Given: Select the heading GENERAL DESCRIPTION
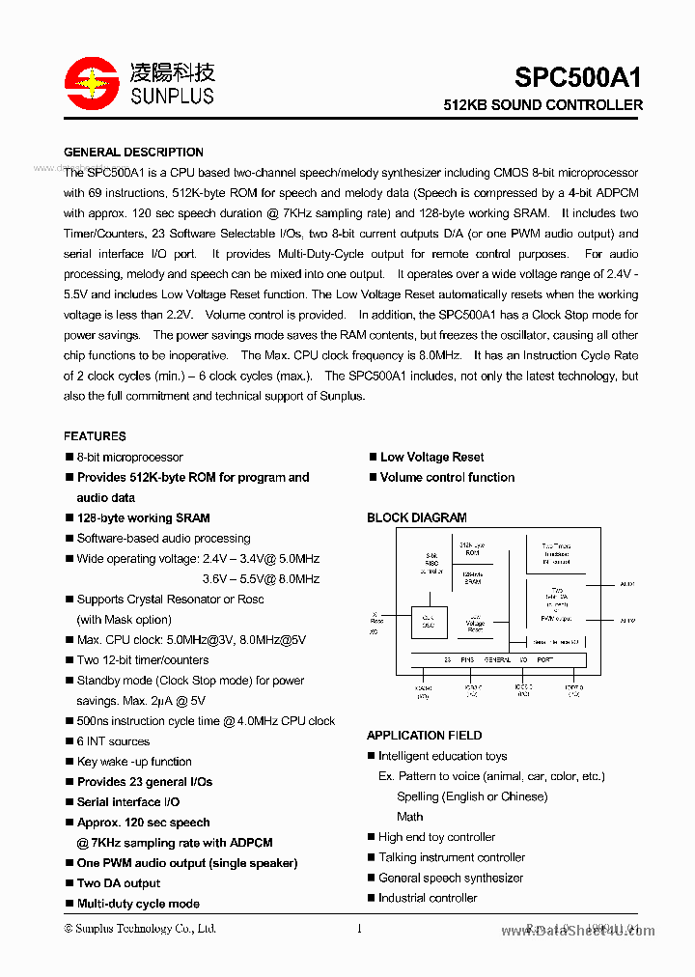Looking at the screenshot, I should click(133, 152).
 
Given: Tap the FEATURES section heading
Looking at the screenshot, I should click(95, 436).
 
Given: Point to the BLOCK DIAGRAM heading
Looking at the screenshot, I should click(416, 517).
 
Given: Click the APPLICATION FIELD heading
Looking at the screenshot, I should click(424, 736).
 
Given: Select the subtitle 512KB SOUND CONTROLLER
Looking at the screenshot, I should click(542, 104).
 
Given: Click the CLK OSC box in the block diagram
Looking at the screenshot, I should click(429, 623).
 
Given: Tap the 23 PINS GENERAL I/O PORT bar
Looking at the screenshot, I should click(498, 660).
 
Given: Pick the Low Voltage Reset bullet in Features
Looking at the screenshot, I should click(431, 457).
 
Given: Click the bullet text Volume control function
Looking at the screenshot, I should click(447, 477).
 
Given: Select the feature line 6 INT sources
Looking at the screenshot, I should click(113, 741).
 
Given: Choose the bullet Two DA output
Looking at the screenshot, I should click(119, 883).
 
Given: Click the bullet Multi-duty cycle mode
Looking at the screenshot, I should click(138, 904).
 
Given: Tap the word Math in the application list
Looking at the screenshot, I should click(410, 817).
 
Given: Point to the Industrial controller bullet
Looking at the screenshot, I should click(428, 898).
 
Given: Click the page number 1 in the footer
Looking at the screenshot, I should click(359, 929).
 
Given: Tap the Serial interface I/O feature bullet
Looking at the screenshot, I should click(127, 802).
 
